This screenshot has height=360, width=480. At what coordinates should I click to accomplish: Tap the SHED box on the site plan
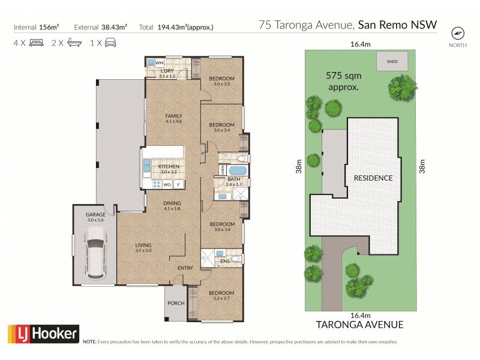(392, 61)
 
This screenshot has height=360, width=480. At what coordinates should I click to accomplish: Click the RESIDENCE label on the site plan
(373, 178)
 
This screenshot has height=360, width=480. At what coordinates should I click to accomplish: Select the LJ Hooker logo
(43, 334)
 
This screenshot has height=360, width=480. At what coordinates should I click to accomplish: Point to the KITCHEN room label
(169, 166)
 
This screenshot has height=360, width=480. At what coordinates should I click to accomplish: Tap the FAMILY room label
(173, 116)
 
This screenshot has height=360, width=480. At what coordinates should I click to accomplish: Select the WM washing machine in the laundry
(159, 62)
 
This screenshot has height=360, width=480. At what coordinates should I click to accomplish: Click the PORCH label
(176, 304)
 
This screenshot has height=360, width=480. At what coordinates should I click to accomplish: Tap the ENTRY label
(185, 268)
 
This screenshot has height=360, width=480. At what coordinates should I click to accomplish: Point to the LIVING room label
(143, 245)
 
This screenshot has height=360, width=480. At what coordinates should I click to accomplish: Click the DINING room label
(172, 203)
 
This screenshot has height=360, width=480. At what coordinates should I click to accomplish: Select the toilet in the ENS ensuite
(237, 259)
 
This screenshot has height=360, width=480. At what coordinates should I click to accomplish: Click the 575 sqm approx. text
(343, 81)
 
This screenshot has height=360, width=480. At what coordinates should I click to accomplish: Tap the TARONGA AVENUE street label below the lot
(359, 325)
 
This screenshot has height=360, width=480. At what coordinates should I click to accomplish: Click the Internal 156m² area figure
(36, 27)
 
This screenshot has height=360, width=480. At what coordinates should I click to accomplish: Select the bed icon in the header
(36, 43)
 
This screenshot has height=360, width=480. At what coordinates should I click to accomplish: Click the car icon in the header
(110, 43)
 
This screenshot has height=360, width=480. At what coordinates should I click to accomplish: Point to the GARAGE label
(95, 214)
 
